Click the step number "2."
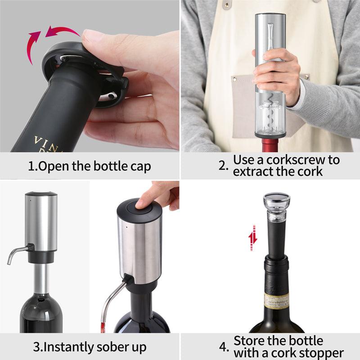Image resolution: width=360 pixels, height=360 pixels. click(x=224, y=165)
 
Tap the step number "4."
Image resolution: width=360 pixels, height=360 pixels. click(x=224, y=347)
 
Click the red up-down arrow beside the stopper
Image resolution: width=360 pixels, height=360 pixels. click(x=253, y=238)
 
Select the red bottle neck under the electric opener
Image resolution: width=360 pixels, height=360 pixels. click(x=270, y=145)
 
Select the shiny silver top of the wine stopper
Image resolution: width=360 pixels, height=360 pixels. click(x=276, y=198)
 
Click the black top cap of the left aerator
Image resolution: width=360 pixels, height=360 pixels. click(x=41, y=194)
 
